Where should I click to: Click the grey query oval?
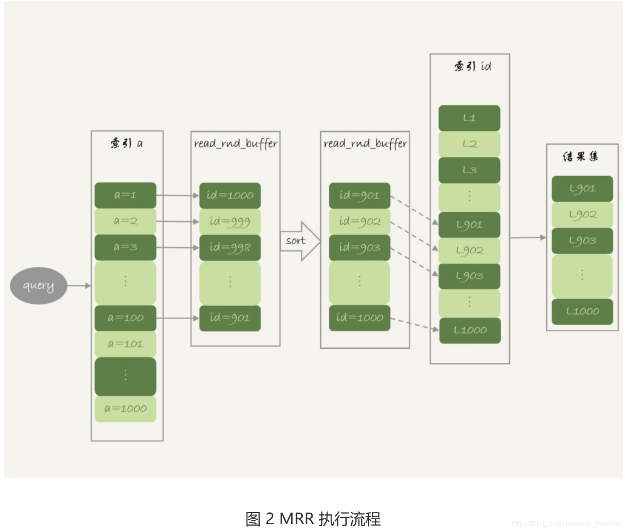click(x=38, y=286)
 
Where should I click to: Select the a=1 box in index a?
click(x=125, y=195)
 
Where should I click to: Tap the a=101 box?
click(x=125, y=344)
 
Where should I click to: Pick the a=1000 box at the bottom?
click(x=125, y=408)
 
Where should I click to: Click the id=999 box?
click(x=230, y=221)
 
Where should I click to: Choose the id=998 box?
click(x=230, y=247)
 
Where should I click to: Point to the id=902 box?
click(x=359, y=221)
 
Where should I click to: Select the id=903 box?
click(x=359, y=247)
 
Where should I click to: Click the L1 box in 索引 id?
click(x=469, y=118)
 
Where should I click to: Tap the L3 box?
click(x=469, y=170)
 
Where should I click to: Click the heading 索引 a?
click(x=126, y=144)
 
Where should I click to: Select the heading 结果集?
click(x=580, y=157)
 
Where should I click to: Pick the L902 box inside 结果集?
click(x=582, y=215)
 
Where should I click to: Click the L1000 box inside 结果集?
click(x=582, y=311)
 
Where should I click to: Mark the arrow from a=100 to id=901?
click(x=177, y=318)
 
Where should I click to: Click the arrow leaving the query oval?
click(x=79, y=286)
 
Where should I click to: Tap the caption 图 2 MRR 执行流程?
click(x=313, y=519)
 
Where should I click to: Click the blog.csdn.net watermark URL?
click(x=566, y=524)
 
